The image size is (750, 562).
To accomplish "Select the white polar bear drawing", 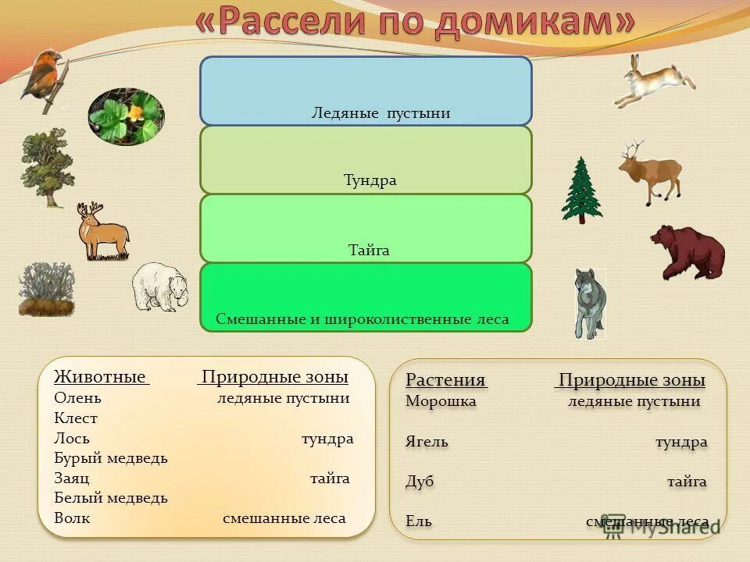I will click(159, 286).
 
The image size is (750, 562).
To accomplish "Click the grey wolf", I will click(589, 303).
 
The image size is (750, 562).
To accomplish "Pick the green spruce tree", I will click(581, 190).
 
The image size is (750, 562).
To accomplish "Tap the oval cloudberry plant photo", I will click(126, 116).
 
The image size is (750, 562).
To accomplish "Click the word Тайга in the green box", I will click(369, 251).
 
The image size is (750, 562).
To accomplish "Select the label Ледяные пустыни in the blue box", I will click(381, 113).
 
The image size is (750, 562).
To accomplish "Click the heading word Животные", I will click(100, 377).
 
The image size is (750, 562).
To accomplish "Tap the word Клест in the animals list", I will click(76, 418).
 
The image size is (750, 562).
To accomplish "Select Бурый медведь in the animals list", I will click(111, 458).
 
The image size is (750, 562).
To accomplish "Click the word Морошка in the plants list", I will click(441, 401).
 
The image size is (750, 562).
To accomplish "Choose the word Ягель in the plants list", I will click(427, 442).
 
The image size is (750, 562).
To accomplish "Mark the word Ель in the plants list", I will click(418, 521).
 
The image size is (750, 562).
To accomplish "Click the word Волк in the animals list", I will click(72, 518).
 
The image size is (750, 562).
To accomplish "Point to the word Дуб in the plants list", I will click(420, 482).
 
